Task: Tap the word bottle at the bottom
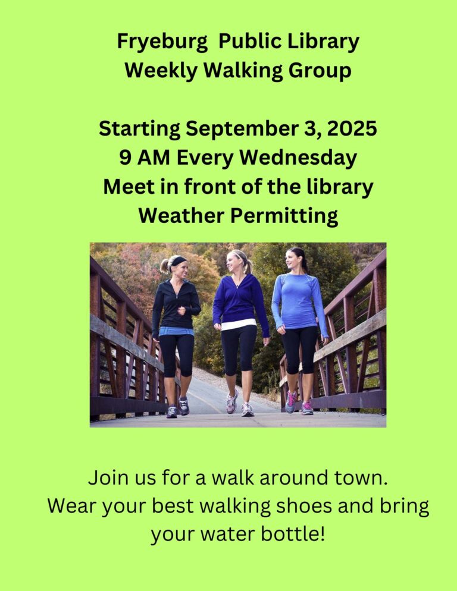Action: point(293,534)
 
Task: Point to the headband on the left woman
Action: point(177,260)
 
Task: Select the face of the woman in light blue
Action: point(293,259)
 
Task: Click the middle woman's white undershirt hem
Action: point(239,324)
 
